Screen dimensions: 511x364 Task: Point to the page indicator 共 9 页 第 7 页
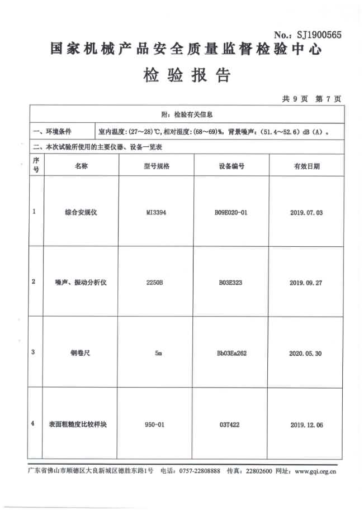click(311, 99)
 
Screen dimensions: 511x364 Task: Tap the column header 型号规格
click(157, 166)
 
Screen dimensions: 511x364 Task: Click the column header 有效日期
click(306, 166)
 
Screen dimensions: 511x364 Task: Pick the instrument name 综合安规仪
click(82, 213)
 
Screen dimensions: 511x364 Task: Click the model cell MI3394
click(157, 213)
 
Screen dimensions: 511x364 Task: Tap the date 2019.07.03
click(306, 213)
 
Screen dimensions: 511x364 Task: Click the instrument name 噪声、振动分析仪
click(82, 283)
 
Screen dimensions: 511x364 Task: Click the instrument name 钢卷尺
click(82, 353)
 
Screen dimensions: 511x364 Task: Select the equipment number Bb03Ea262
click(231, 353)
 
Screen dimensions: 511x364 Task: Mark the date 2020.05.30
click(306, 353)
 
